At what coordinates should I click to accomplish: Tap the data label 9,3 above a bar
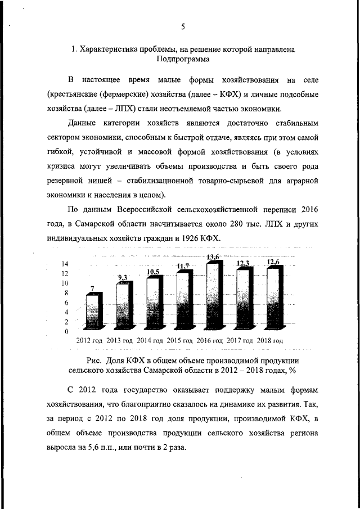click(123, 277)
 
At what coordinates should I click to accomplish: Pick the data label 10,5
click(154, 272)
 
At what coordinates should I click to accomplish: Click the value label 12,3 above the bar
click(242, 263)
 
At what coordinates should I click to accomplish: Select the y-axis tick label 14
click(65, 264)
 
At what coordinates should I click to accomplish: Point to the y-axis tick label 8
click(66, 293)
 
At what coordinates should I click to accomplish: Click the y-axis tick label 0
click(66, 331)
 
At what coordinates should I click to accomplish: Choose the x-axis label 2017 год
click(238, 341)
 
